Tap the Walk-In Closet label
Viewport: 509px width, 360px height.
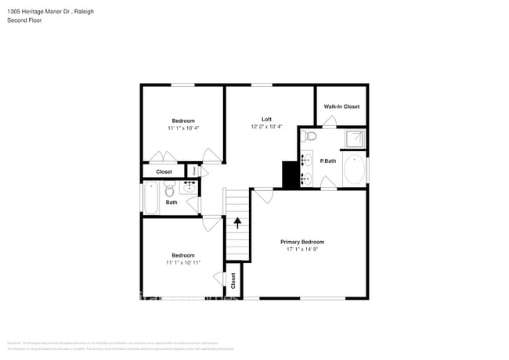click(x=341, y=106)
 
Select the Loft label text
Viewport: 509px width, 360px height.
click(x=266, y=119)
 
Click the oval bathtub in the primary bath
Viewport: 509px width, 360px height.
click(x=354, y=171)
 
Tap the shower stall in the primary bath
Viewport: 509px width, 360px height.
click(x=356, y=138)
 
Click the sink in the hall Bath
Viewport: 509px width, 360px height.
click(x=190, y=187)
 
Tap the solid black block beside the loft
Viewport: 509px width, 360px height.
click(x=290, y=175)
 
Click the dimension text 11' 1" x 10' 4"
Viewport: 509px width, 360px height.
click(x=183, y=128)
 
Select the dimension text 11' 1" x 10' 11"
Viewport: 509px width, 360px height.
click(x=183, y=263)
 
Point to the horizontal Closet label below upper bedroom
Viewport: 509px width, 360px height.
click(x=164, y=171)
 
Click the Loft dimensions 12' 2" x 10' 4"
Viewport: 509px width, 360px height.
click(x=266, y=127)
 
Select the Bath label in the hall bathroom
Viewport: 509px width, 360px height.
click(x=171, y=203)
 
